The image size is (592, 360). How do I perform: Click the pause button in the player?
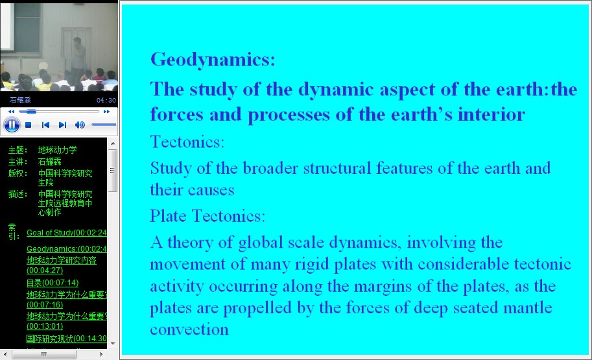click(12, 125)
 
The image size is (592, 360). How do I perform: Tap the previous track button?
click(45, 125)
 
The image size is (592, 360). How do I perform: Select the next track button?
click(63, 125)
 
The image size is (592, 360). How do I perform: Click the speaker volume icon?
click(80, 125)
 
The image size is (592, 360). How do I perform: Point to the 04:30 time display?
click(106, 100)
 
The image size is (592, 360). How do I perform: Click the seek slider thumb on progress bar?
click(31, 112)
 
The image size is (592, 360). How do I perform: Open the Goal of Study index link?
click(66, 233)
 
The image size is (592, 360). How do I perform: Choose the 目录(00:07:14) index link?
click(53, 283)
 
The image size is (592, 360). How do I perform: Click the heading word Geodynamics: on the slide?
click(213, 60)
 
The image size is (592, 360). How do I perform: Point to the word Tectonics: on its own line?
click(187, 142)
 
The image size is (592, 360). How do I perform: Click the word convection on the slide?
click(189, 330)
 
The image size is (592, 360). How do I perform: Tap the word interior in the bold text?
click(491, 114)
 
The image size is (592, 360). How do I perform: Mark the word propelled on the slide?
click(257, 308)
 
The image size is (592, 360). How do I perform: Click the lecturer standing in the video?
click(78, 58)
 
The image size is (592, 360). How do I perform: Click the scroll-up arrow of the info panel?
click(113, 143)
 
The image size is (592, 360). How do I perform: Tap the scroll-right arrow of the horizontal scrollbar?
click(101, 354)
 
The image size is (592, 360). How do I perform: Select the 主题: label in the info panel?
click(18, 150)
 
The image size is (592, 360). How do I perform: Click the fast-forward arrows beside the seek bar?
click(106, 112)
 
